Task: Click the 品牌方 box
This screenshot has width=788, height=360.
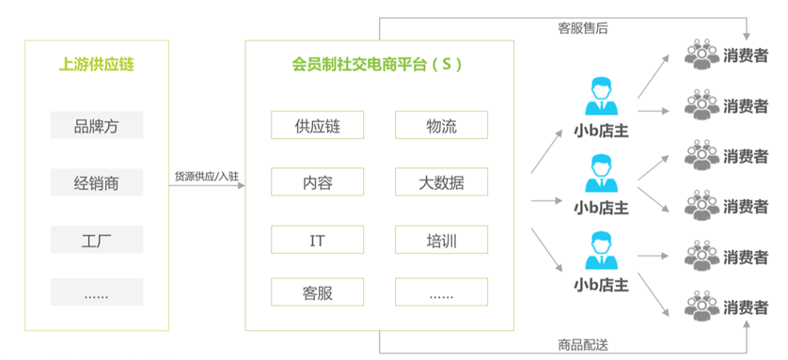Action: [x=97, y=125]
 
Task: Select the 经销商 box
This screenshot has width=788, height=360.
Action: [x=97, y=182]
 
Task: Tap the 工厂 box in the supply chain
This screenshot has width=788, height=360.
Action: [x=97, y=240]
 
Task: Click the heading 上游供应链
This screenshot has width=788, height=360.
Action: [x=97, y=65]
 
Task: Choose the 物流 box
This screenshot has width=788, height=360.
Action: [x=441, y=125]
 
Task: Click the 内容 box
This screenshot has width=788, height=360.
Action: [x=317, y=181]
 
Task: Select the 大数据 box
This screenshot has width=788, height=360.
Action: [x=441, y=181]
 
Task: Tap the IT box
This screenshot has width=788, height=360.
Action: [x=317, y=240]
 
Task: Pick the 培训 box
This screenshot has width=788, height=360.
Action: [x=441, y=240]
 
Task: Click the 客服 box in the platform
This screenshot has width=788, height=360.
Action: [x=317, y=291]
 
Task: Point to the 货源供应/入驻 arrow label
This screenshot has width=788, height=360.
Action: [x=207, y=176]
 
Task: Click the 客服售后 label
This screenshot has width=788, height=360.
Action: [x=582, y=28]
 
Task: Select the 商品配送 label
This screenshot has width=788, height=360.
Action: [x=582, y=345]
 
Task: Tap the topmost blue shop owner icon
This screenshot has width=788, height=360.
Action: [x=601, y=97]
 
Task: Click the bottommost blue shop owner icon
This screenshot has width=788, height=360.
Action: [x=601, y=250]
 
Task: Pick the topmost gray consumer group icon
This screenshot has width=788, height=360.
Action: [x=702, y=55]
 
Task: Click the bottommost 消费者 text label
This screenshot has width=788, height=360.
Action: [x=746, y=306]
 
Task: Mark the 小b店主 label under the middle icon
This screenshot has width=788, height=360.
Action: [x=601, y=208]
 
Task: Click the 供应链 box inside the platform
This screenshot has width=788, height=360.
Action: [x=317, y=125]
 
